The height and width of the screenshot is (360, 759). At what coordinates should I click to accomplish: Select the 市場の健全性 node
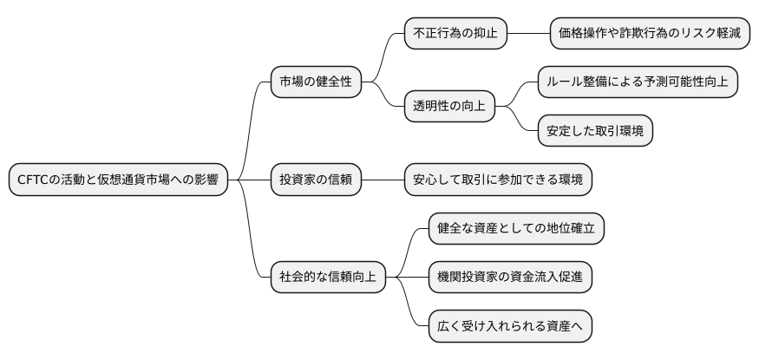point(316,82)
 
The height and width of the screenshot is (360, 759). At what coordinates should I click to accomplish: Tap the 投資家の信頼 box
point(316,180)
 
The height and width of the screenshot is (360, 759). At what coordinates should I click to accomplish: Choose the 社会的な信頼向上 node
point(328,278)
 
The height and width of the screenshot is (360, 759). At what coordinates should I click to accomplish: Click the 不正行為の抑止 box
point(455,34)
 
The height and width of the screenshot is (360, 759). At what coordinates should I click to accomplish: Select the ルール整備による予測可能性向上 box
point(638,82)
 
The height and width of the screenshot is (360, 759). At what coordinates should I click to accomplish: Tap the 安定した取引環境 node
point(594,131)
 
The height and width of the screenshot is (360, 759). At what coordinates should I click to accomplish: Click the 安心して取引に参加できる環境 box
point(498,180)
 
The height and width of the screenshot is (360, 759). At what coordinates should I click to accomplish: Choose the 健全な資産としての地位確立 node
point(516,229)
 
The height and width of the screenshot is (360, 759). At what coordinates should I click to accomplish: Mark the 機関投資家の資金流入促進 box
point(516,278)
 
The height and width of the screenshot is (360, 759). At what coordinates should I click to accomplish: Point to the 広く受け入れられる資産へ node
point(510,326)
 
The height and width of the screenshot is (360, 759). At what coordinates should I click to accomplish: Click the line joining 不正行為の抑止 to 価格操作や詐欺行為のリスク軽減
point(527,34)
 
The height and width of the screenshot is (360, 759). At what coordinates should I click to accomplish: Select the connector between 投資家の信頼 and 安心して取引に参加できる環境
point(383,180)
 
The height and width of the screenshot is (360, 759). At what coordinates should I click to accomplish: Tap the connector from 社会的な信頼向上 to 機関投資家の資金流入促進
point(408,278)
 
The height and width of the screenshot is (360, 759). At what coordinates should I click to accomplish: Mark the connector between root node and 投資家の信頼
point(250,180)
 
